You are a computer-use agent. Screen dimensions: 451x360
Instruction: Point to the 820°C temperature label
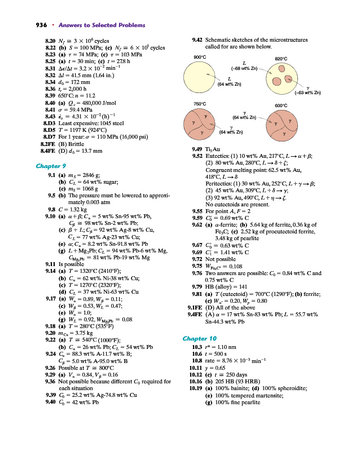(x=282, y=58)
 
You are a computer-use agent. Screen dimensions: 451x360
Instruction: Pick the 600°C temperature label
(x=282, y=105)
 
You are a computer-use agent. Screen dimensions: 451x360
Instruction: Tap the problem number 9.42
(x=199, y=41)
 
